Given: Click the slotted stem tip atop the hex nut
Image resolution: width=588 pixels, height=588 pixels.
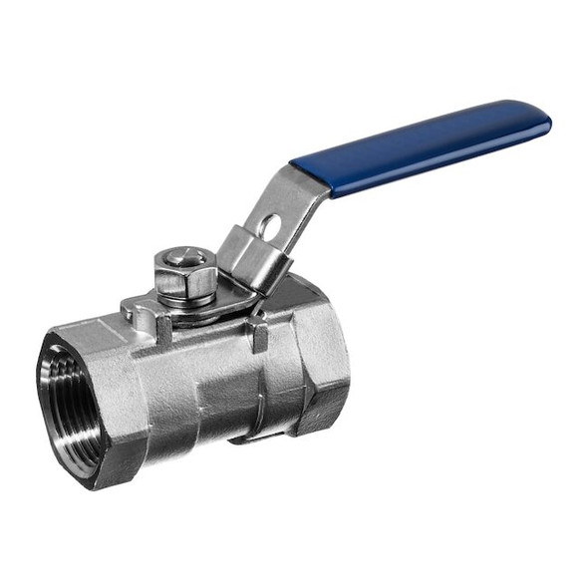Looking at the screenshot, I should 184,257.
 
